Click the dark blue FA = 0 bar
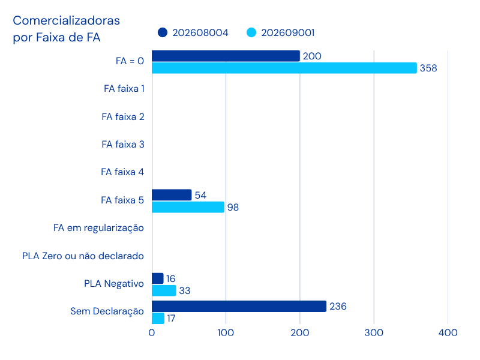226,56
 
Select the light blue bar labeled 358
284,68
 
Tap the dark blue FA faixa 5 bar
172,195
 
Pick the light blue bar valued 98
188,207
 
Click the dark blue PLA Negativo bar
158,278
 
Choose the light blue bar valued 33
164,290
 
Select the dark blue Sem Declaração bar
239,307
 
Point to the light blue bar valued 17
158,319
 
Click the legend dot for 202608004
163,32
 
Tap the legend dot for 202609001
251,32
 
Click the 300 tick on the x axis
374,333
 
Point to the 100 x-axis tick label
226,333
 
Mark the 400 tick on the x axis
448,333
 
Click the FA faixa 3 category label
123,144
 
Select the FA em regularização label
98,229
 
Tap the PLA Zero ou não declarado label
83,256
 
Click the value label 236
338,307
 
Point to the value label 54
200,196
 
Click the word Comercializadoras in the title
67,20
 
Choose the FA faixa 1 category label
124,89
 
